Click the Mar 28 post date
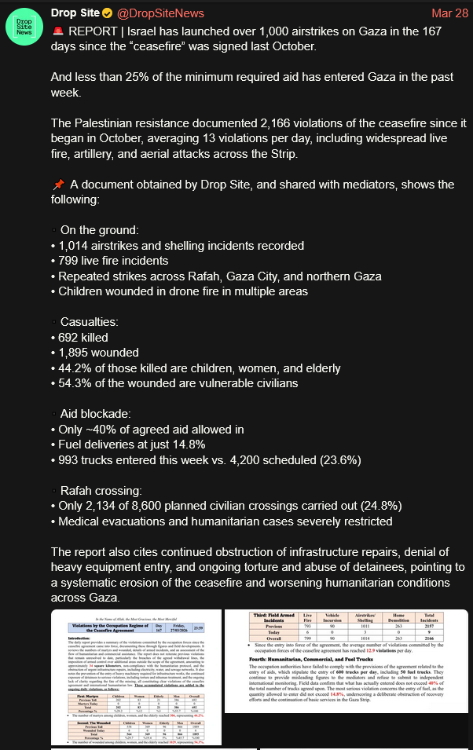(x=449, y=13)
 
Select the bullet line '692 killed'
(x=85, y=338)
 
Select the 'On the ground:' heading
(x=99, y=230)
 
